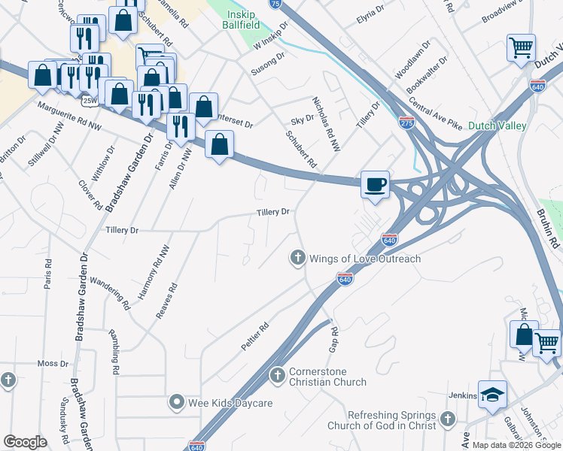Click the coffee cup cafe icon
(375, 183)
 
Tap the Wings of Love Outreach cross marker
(297, 259)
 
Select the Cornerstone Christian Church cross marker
(277, 374)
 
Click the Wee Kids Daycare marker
(177, 403)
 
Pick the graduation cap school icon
(492, 394)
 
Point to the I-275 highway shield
(406, 123)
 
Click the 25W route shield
(90, 100)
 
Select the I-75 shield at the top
(275, 4)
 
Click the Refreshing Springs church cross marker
(448, 419)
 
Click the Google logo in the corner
(26, 442)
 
